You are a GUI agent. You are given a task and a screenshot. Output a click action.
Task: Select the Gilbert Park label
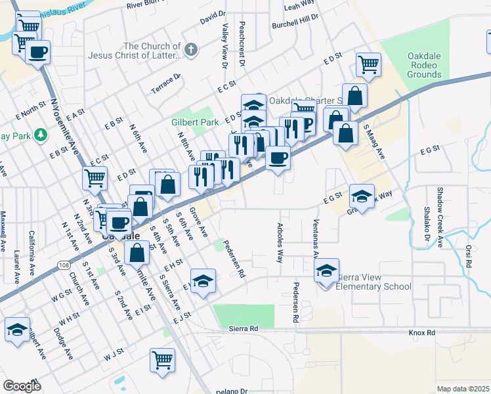click(195, 122)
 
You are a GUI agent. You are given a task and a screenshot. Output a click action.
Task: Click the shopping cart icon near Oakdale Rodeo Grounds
click(368, 64)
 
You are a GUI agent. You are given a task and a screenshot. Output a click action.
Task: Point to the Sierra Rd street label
click(244, 327)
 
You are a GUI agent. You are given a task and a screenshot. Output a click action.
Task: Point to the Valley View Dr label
click(224, 47)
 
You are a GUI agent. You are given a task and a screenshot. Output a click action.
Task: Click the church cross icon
click(190, 49)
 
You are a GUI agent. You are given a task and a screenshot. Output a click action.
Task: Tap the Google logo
click(22, 386)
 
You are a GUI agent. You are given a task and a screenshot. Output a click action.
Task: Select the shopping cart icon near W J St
click(162, 359)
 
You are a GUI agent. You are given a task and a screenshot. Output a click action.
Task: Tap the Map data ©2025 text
click(463, 389)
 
